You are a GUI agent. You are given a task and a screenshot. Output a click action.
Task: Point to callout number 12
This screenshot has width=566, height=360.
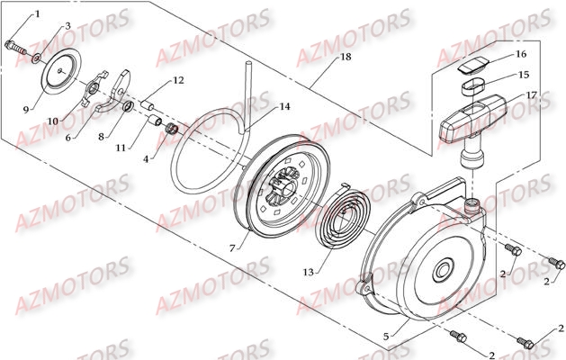(x=178, y=81)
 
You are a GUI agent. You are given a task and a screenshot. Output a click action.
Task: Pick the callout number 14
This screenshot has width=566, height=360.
(x=284, y=107)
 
